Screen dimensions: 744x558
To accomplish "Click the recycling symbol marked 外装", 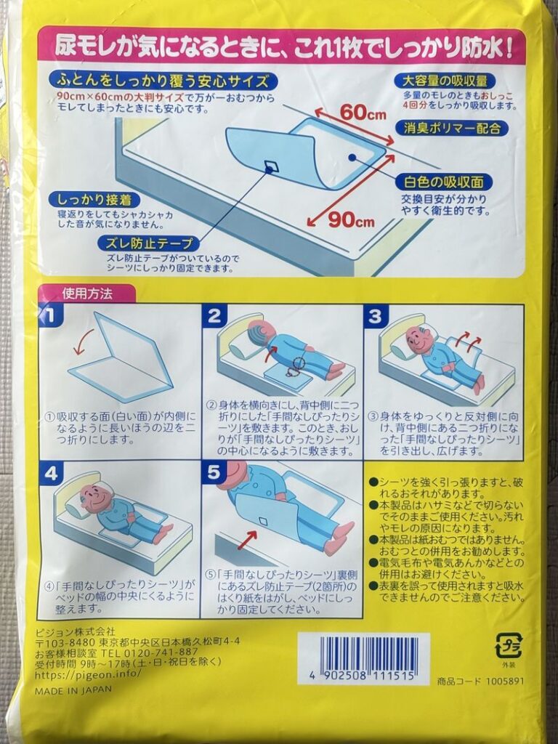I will (508, 644).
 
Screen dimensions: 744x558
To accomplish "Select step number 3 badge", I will (375, 316).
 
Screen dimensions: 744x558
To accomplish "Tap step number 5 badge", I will (213, 472).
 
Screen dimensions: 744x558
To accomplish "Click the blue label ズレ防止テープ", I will (149, 243).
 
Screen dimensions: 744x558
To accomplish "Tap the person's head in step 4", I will (96, 496).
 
